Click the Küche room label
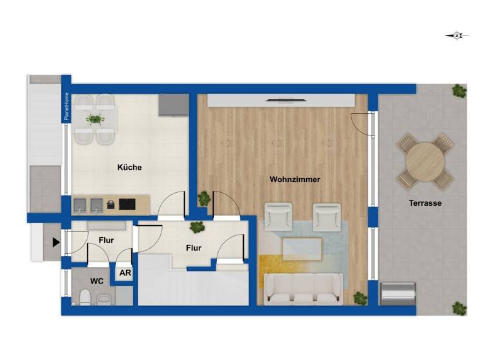click(x=129, y=168)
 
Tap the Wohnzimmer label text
click(x=295, y=179)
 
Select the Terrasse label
click(x=425, y=203)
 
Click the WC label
click(x=97, y=282)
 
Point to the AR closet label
click(x=124, y=272)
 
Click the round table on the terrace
click(x=425, y=161)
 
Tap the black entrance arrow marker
click(x=56, y=242)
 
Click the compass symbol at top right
click(x=457, y=36)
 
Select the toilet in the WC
click(x=84, y=297)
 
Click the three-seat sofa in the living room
click(x=304, y=288)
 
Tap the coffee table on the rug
click(x=302, y=249)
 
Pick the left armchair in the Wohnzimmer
click(x=279, y=215)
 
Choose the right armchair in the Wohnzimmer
click(x=326, y=215)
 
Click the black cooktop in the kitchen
click(x=127, y=204)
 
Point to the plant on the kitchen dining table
click(x=95, y=119)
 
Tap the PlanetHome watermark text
click(x=66, y=107)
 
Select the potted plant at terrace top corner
click(x=459, y=91)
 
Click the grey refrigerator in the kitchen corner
click(x=174, y=105)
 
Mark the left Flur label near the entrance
click(x=106, y=240)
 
